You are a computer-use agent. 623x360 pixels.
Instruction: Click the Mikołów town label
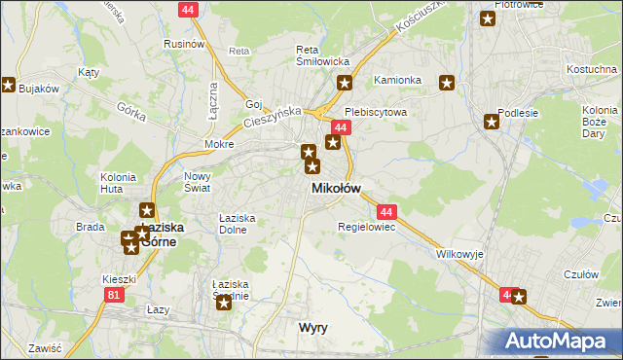coord(336,188)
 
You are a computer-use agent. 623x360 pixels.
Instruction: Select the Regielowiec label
coord(365,227)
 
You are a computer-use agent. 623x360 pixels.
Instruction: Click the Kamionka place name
coord(398,80)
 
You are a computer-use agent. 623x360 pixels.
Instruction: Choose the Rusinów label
coord(183,44)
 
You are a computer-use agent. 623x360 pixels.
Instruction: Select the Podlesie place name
coord(519,113)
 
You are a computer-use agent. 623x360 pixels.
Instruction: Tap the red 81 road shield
coord(116,294)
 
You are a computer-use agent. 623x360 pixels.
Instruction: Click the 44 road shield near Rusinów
coord(189,9)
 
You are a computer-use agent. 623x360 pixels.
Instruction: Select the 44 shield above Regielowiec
coord(386,211)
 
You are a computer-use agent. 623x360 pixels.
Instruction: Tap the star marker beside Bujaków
coord(9,86)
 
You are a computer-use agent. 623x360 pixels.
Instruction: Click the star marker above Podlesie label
coord(492,122)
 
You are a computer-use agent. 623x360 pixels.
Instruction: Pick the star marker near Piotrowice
coord(488,18)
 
